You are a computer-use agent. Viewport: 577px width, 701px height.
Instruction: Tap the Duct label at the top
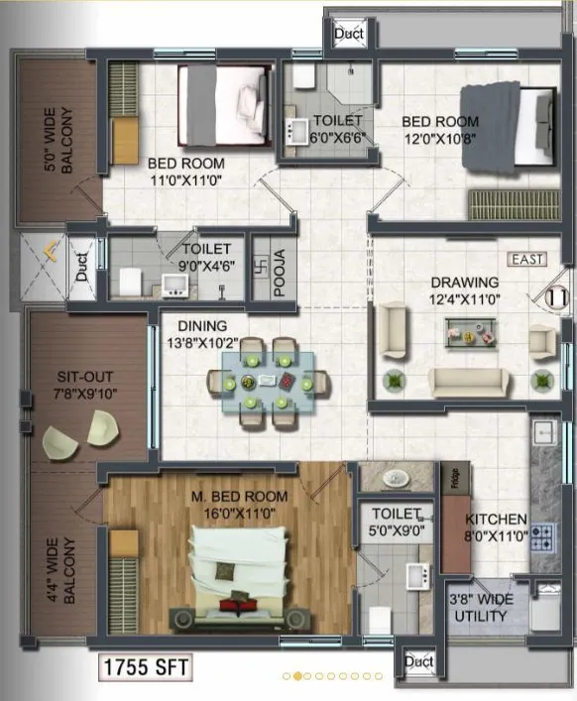348,34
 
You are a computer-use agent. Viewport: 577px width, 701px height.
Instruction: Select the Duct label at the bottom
419,661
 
